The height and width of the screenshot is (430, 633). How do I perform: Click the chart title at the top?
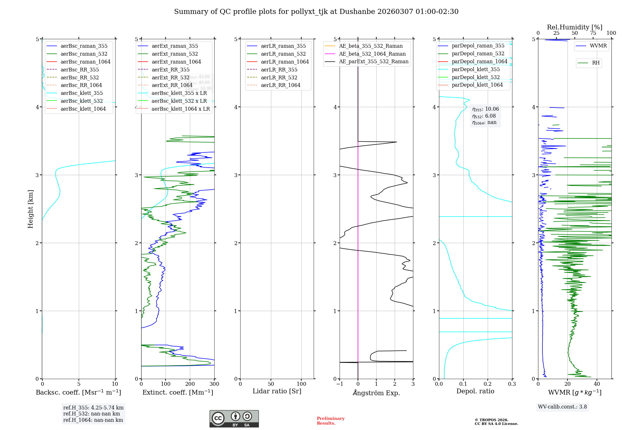316,12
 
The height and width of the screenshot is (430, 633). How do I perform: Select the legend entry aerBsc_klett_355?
81,93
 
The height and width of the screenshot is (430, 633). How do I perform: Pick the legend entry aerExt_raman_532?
175,54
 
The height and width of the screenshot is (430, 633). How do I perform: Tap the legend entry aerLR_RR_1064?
280,85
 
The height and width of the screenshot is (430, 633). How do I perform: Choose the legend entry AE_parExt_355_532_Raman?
373,61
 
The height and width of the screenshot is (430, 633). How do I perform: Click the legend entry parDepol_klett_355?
476,69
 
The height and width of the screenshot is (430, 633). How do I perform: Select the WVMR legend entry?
598,46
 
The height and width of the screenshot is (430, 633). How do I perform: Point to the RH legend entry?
596,63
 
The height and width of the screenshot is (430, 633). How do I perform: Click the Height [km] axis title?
30,209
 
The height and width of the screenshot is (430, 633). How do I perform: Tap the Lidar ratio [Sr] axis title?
277,391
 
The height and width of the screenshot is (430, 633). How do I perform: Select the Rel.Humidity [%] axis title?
574,27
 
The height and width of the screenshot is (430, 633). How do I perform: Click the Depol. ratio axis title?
475,391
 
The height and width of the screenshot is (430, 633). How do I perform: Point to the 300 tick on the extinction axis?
214,384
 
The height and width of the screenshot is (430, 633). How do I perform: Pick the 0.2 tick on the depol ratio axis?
488,384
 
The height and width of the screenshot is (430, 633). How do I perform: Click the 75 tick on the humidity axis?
593,33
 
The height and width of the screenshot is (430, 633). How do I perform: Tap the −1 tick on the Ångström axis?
340,384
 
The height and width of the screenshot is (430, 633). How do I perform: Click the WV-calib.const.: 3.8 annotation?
562,407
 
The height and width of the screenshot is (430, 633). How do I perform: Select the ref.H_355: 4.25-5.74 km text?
93,408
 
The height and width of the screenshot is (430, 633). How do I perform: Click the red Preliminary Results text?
330,421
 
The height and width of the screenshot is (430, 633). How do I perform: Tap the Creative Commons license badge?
234,419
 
